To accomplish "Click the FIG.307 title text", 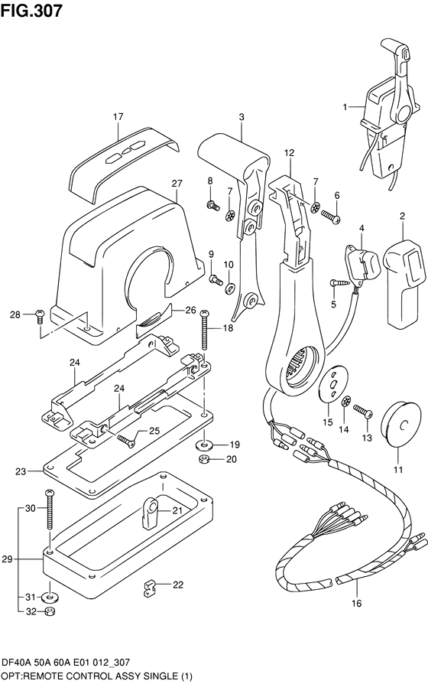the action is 31,11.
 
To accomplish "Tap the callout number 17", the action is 118,117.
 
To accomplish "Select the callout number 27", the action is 177,184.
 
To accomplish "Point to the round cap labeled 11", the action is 401,425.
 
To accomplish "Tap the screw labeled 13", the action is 362,411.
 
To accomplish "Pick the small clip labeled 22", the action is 150,588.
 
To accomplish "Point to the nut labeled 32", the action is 50,611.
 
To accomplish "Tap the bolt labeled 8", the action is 213,205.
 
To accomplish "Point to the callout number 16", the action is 356,604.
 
